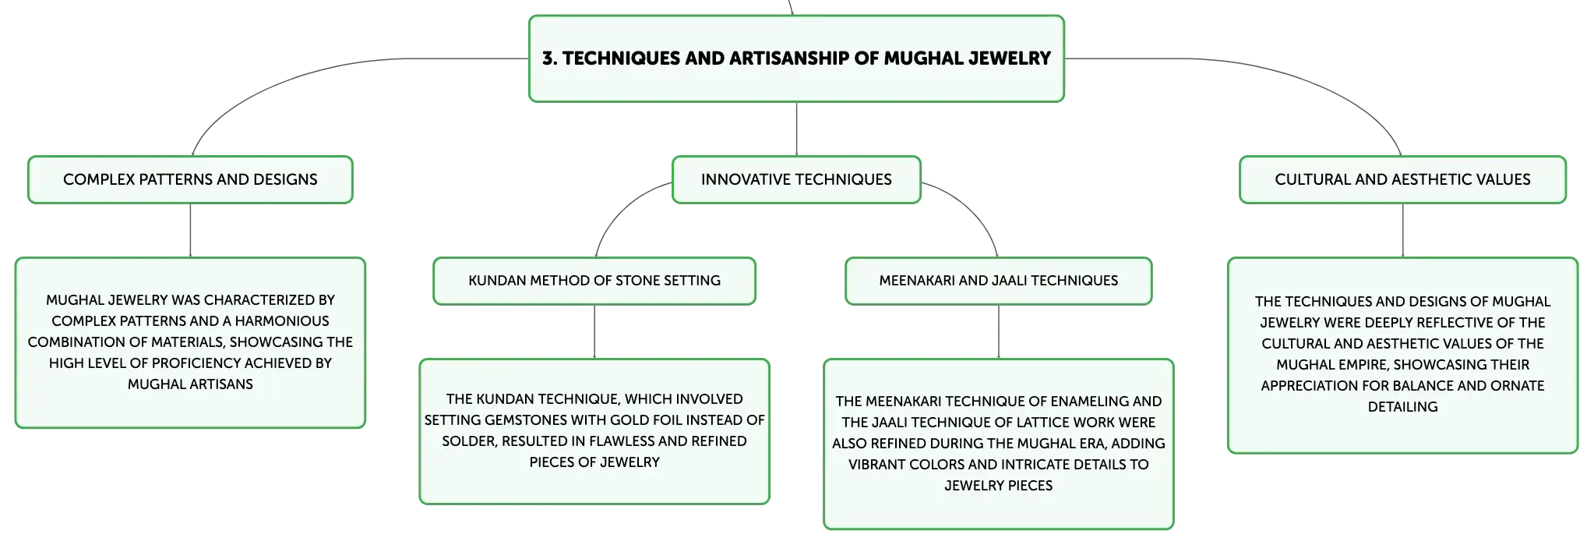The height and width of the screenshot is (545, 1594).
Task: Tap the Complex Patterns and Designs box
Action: pos(190,179)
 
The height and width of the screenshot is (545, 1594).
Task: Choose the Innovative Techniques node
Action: pos(796,179)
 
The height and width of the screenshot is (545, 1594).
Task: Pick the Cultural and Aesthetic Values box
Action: pos(1402,179)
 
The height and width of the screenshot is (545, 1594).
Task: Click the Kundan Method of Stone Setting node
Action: pos(594,281)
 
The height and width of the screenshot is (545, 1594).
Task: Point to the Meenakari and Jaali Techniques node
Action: pos(999,281)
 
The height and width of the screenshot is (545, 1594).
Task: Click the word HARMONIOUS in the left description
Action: pos(282,320)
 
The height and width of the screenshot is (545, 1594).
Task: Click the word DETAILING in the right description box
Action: pos(1402,406)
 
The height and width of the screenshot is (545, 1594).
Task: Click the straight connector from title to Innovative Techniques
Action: pos(796,129)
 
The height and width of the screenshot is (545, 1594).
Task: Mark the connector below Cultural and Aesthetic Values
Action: pos(1402,231)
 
